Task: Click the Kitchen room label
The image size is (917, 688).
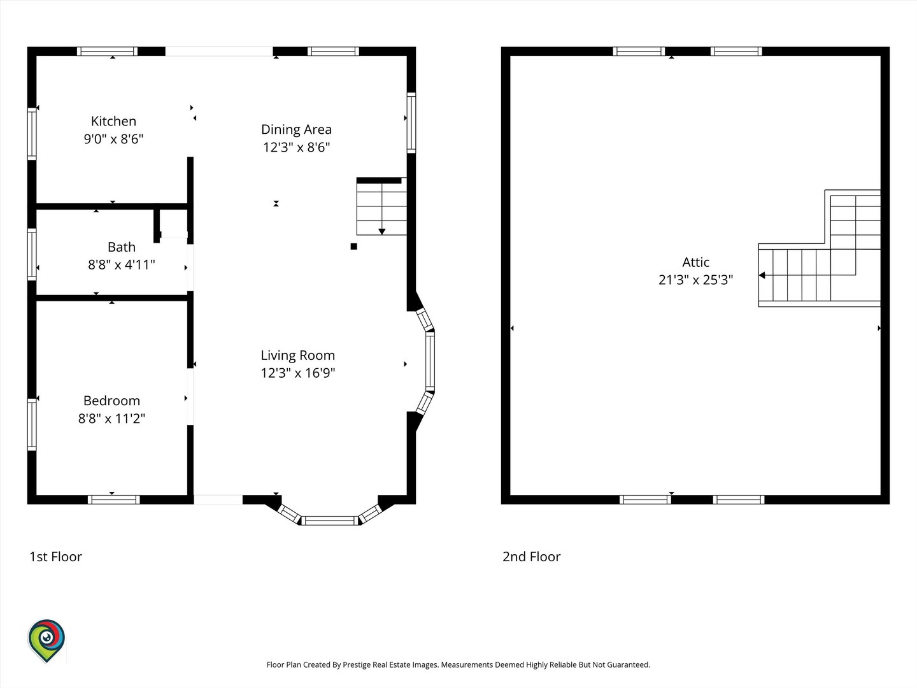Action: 113,121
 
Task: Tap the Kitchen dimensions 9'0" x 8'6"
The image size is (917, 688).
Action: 113,139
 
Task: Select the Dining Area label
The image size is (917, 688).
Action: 296,129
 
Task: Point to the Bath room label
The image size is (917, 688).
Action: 122,247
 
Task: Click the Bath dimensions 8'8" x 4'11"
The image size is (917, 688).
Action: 122,264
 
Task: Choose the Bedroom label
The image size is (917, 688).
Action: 111,401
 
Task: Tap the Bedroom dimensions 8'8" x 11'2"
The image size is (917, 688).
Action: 111,418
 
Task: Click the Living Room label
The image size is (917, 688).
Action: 298,355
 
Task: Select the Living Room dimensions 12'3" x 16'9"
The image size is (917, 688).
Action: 298,373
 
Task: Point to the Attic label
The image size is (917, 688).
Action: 695,262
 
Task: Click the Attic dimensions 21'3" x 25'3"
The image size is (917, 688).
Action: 695,280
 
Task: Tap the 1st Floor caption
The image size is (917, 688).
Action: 55,556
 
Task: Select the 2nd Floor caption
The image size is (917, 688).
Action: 531,556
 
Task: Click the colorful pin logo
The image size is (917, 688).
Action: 46,640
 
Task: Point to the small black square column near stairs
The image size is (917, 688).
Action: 354,247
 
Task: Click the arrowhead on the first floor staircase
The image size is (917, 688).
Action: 382,231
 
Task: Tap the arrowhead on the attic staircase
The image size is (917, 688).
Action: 762,275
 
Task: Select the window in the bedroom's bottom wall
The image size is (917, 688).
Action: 113,499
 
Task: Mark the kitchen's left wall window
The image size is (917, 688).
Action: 32,134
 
